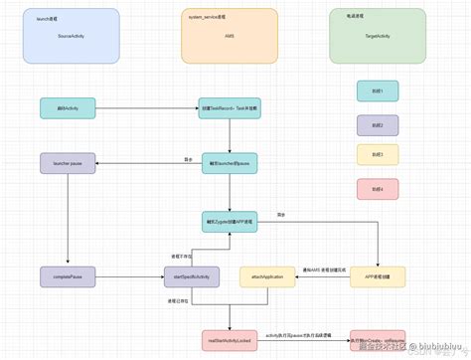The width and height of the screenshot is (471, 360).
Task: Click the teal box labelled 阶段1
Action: [x=378, y=91]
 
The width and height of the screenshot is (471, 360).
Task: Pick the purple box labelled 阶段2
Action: [x=378, y=124]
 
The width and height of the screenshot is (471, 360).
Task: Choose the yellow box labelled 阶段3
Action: [x=378, y=154]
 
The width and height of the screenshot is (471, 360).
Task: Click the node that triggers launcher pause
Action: [x=231, y=161]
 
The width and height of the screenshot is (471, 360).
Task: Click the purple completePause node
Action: [x=68, y=275]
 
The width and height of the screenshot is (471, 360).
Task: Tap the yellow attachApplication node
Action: [x=269, y=275]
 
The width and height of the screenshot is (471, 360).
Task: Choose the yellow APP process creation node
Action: [x=378, y=275]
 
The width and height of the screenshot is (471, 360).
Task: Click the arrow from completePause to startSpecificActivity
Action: [x=129, y=275]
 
